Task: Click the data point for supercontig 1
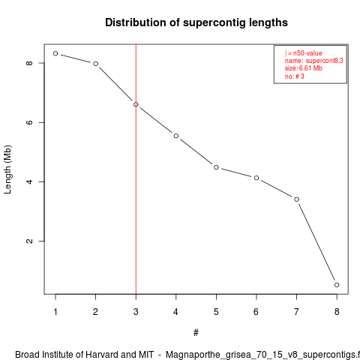[x=55, y=53]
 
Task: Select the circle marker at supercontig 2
[x=96, y=64]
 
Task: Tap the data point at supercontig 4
[x=176, y=136]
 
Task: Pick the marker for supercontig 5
[x=216, y=167]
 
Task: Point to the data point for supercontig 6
[x=256, y=178]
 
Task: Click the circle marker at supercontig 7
[x=297, y=199]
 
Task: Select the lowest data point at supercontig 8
[x=337, y=285]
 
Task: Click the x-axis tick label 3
[x=136, y=312]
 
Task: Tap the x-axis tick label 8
[x=337, y=312]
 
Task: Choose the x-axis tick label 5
[x=216, y=312]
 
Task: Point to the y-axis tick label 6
[x=29, y=122]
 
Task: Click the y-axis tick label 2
[x=29, y=241]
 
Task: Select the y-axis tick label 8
[x=29, y=63]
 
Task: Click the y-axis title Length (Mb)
[x=7, y=169]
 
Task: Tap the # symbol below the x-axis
[x=196, y=333]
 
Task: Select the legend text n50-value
[x=307, y=53]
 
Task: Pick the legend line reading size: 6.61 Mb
[x=304, y=68]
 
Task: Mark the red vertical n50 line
[x=136, y=169]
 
